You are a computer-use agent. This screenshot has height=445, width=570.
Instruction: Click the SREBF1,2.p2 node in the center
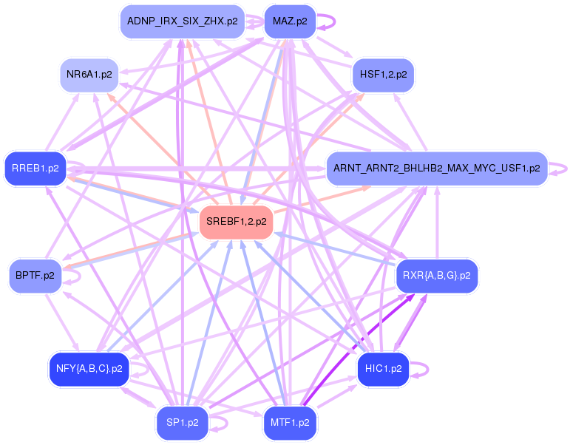coord(237,221)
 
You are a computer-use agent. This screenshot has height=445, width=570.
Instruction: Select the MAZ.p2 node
coord(290,21)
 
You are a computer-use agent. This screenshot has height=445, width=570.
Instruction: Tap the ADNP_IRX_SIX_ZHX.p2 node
coord(182,21)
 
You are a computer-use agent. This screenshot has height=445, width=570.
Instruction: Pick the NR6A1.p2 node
coord(89,75)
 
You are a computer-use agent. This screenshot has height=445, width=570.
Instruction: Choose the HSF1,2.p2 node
coord(383,75)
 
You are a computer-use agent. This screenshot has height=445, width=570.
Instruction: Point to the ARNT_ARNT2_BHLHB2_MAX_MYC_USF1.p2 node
coord(436,168)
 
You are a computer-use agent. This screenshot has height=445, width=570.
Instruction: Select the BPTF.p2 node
coord(35,275)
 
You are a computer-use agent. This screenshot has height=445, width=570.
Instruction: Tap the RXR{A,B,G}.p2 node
coord(436,275)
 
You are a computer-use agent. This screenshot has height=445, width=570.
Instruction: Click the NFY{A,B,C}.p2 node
coord(89,368)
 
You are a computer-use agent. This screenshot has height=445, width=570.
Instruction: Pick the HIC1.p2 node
coord(383,368)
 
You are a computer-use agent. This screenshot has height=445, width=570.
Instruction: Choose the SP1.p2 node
coord(182,423)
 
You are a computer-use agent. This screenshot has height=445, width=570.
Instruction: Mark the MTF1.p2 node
coord(290,423)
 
